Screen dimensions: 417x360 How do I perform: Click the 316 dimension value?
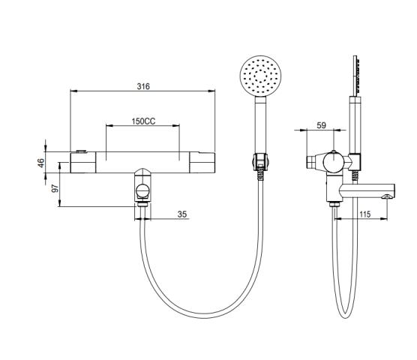coord(143,86)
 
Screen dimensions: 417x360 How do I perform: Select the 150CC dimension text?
coord(143,121)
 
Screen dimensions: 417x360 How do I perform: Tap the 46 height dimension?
coord(41,163)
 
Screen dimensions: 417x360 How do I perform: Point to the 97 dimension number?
coord(55,188)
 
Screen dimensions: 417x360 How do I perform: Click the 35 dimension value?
coord(182,214)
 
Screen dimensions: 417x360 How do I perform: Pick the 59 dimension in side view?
coord(321,125)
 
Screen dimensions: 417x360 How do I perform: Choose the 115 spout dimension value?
coord(364,214)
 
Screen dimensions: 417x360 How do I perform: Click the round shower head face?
coord(261,74)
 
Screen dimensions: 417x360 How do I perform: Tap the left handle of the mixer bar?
coord(82,163)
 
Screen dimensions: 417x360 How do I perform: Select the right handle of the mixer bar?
coord(202,163)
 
